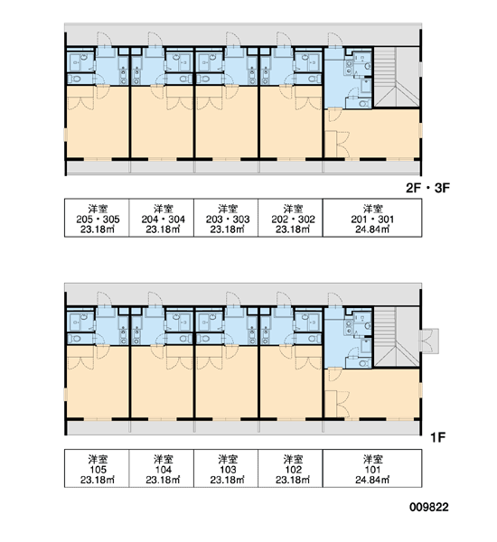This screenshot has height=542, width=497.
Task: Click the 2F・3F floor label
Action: tap(427, 188)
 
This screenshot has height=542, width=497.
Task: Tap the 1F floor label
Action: tap(437, 437)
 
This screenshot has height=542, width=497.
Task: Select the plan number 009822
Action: tap(429, 507)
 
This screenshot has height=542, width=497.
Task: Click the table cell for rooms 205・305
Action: tap(97, 218)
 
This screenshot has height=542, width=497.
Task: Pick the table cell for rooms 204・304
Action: tap(162, 218)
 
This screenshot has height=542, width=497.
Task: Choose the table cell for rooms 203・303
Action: tap(226, 218)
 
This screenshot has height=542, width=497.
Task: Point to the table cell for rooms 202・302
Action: tap(291, 218)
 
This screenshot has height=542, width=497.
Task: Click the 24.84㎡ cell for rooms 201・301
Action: tap(372, 218)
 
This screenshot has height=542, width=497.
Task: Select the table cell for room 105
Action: tap(97, 468)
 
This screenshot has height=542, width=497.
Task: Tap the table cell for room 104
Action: tap(162, 468)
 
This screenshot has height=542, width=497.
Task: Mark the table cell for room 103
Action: tap(226, 468)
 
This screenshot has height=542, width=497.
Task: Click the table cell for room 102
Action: tap(291, 468)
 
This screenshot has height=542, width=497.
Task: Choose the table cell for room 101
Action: tap(372, 468)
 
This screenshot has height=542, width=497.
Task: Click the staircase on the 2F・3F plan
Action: tap(397, 77)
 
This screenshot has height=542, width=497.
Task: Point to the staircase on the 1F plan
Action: tap(397, 337)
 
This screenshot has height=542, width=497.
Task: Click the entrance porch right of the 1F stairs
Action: tap(429, 341)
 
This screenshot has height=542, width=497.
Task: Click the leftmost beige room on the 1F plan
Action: tap(98, 381)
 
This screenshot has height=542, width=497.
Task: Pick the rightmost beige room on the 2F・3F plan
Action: tap(372, 134)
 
